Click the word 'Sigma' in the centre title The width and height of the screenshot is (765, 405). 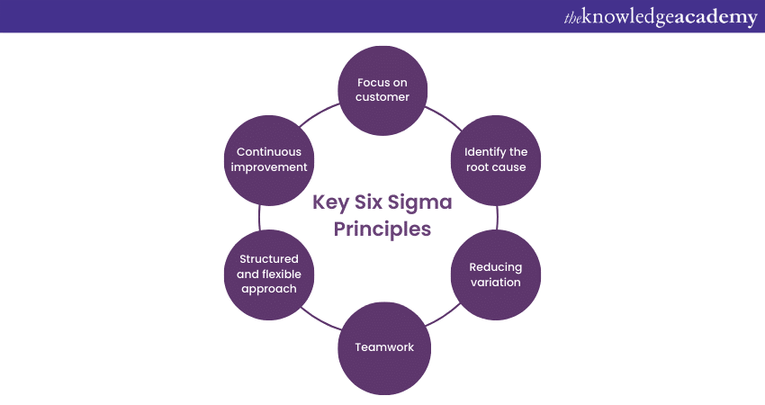pos(422,202)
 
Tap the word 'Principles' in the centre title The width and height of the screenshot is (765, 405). pos(382,229)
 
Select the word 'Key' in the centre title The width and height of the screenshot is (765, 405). pos(328,202)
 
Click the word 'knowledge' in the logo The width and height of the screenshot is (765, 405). pos(627,17)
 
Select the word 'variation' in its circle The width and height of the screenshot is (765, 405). pos(495,283)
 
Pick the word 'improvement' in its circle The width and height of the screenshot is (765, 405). pos(269,167)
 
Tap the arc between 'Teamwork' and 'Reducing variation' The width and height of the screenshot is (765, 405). pos(444,325)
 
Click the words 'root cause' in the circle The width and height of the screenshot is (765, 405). pos(495,167)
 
